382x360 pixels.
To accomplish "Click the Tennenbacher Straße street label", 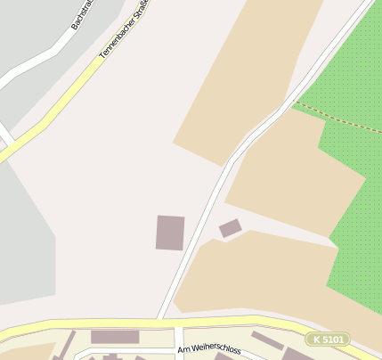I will [x=126, y=30].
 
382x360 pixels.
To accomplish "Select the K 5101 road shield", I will [x=327, y=340].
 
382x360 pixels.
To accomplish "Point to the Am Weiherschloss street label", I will [x=208, y=349].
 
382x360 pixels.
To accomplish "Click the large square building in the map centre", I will [x=170, y=233].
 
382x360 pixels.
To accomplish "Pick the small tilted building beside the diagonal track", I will [x=230, y=228].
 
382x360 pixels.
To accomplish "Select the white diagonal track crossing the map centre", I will [x=205, y=214].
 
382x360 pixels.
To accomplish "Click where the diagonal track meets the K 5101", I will [x=159, y=319].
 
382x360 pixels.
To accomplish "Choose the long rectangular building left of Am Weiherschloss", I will [x=115, y=337].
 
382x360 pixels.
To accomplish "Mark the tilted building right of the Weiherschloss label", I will [x=267, y=340].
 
